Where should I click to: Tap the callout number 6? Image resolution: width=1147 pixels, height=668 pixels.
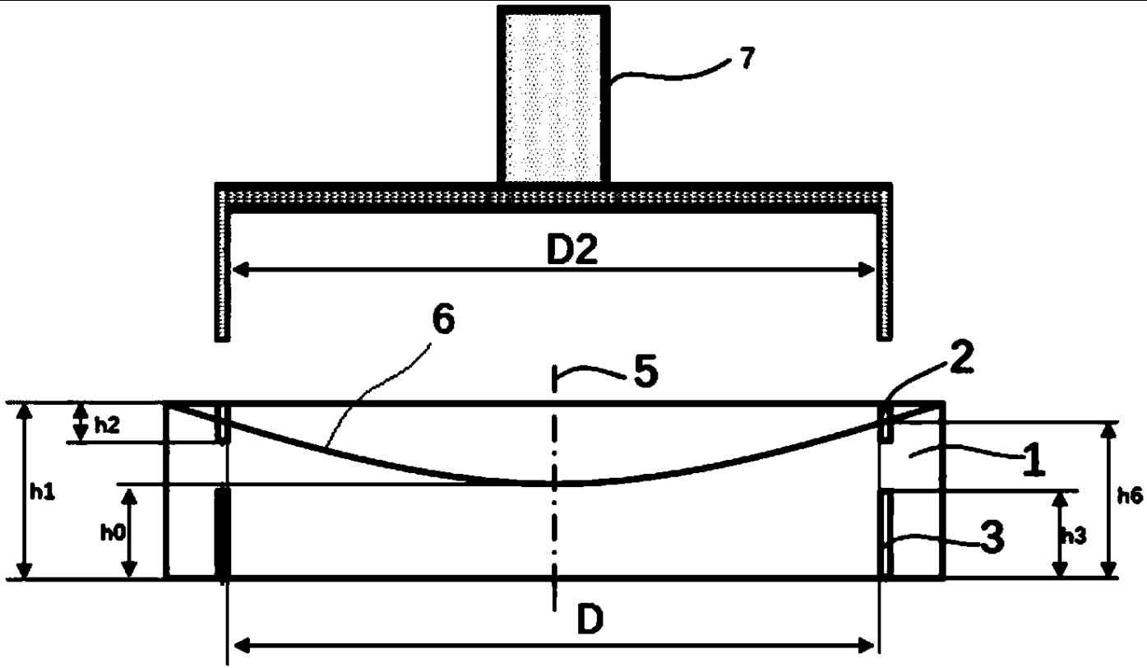tap(442, 321)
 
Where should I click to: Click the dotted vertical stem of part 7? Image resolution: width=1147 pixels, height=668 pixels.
tap(553, 95)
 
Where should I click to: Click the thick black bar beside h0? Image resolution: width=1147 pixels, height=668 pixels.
tap(221, 532)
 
